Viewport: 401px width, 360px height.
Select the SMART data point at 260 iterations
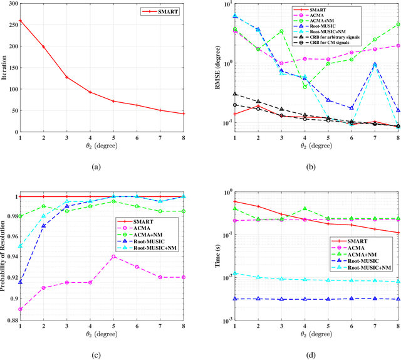click(x=21, y=20)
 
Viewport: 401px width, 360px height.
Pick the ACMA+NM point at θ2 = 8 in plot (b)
click(x=398, y=24)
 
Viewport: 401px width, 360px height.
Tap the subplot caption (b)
click(x=316, y=167)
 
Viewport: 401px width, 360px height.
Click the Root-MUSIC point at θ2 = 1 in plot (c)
click(x=21, y=282)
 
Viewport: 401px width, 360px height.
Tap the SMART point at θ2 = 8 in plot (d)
click(x=398, y=233)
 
